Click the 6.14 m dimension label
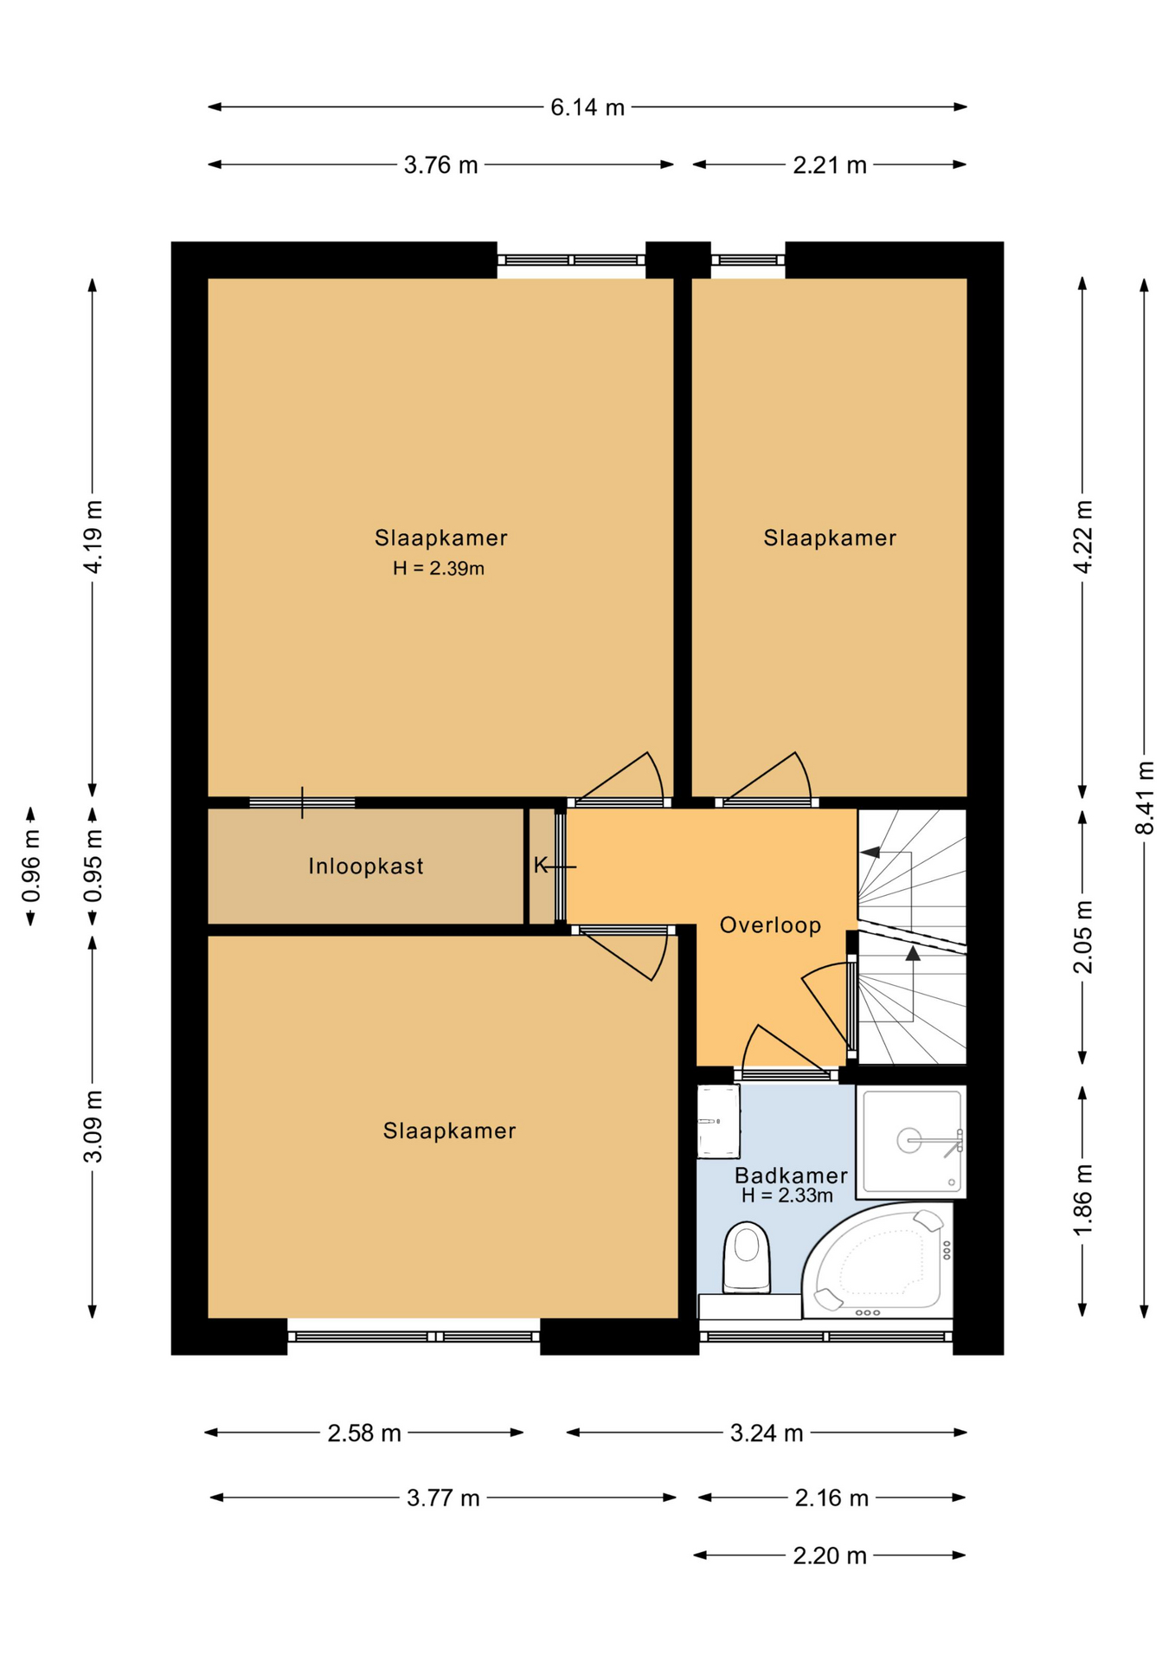pyautogui.click(x=587, y=107)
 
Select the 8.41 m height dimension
pyautogui.click(x=1145, y=797)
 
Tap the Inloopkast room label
pyautogui.click(x=366, y=866)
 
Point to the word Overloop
pyautogui.click(x=771, y=925)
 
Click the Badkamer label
pyautogui.click(x=791, y=1176)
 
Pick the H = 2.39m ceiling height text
pyautogui.click(x=439, y=569)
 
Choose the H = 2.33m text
pyautogui.click(x=787, y=1195)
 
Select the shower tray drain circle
pyautogui.click(x=909, y=1140)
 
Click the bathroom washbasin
pyautogui.click(x=718, y=1122)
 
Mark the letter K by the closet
pyautogui.click(x=541, y=865)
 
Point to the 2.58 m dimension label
pyautogui.click(x=364, y=1433)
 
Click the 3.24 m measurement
pyautogui.click(x=767, y=1433)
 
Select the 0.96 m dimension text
pyautogui.click(x=31, y=866)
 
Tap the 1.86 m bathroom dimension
pyautogui.click(x=1082, y=1201)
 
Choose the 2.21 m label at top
pyautogui.click(x=830, y=165)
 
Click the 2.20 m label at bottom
pyautogui.click(x=830, y=1556)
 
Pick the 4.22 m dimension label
pyautogui.click(x=1082, y=536)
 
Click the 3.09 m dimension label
pyautogui.click(x=93, y=1126)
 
